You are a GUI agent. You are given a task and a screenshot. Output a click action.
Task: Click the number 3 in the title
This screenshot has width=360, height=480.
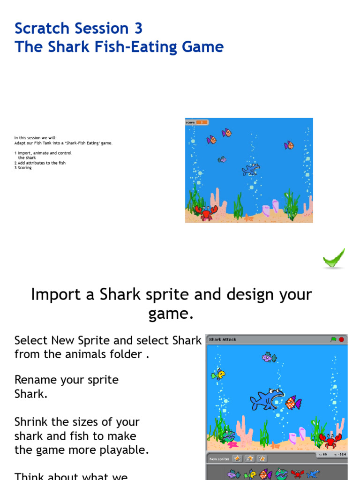pyautogui.click(x=138, y=29)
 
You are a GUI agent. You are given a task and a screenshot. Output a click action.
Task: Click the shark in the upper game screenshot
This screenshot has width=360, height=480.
pyautogui.click(x=251, y=169)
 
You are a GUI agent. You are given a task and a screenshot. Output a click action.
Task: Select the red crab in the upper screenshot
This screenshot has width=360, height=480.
pyautogui.click(x=206, y=212)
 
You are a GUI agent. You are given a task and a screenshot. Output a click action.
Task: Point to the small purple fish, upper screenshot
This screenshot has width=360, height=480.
pyautogui.click(x=222, y=159)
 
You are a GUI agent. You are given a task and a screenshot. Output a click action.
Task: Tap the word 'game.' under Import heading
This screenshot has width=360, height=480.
pyautogui.click(x=171, y=314)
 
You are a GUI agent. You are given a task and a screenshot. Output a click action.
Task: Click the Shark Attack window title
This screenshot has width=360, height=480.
pyautogui.click(x=223, y=339)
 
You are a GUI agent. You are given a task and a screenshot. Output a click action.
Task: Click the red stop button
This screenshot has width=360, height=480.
pyautogui.click(x=341, y=339)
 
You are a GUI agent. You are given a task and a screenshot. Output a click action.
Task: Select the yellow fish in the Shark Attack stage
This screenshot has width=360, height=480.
pyautogui.click(x=218, y=374)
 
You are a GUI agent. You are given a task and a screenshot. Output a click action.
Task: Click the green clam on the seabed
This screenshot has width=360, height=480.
pyautogui.click(x=229, y=435)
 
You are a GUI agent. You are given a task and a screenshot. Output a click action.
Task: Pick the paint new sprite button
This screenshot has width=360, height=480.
pyautogui.click(x=238, y=458)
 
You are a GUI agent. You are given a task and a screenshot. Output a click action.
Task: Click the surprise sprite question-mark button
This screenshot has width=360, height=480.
pyautogui.click(x=262, y=458)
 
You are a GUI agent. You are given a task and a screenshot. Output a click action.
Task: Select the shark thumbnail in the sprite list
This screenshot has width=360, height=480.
pyautogui.click(x=313, y=474)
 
